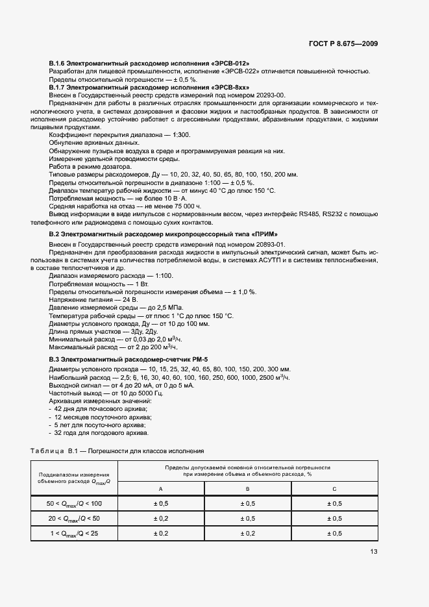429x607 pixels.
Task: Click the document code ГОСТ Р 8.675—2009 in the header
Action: click(x=343, y=44)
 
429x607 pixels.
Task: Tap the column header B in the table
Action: click(x=248, y=488)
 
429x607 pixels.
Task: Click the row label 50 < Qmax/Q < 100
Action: click(x=74, y=503)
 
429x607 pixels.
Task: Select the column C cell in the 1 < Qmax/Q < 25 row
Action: click(x=334, y=533)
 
